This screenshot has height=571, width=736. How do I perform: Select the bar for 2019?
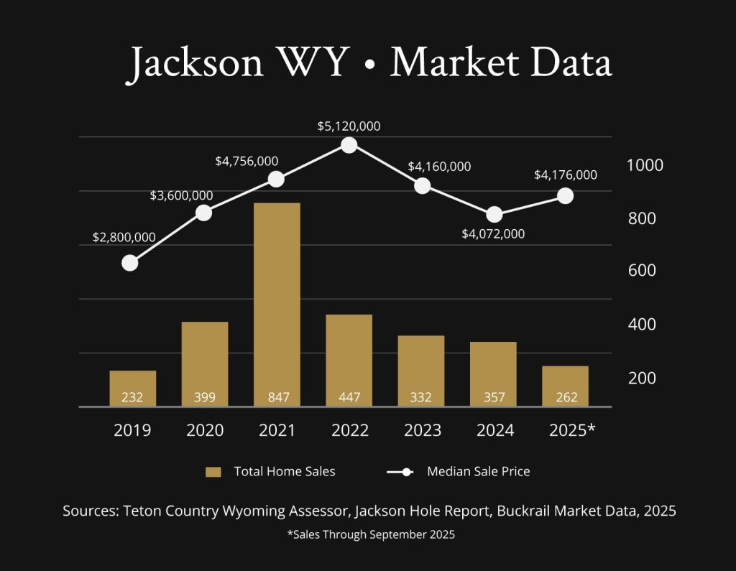click(x=132, y=388)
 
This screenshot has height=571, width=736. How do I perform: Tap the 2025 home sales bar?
click(x=565, y=386)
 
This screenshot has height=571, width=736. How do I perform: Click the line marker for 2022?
click(x=349, y=145)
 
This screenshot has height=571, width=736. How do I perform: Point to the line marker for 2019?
click(x=130, y=263)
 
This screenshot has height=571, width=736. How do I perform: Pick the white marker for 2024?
click(x=494, y=215)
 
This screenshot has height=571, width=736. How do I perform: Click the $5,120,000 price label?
click(x=349, y=126)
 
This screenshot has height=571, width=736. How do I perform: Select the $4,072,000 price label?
click(x=493, y=233)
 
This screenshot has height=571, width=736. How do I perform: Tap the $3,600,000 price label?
click(x=181, y=195)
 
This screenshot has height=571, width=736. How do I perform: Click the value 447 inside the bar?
click(x=349, y=397)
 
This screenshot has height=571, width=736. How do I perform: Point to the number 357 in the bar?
click(x=493, y=397)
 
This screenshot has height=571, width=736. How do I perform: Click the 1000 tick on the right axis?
click(x=645, y=164)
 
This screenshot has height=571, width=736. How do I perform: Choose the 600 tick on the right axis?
click(x=641, y=271)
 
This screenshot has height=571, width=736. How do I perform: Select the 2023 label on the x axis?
click(x=422, y=430)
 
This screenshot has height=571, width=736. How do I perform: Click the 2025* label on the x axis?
click(x=571, y=430)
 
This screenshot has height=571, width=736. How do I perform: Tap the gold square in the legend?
click(x=213, y=472)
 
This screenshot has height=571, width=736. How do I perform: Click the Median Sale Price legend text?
click(x=478, y=472)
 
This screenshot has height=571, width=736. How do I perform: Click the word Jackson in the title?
click(x=196, y=63)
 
